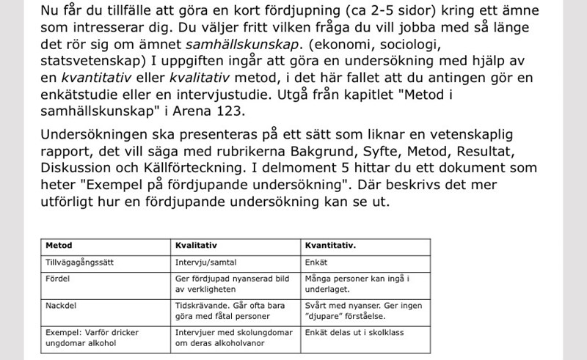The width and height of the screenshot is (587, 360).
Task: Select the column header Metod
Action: click(59, 246)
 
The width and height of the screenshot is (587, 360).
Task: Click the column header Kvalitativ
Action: click(194, 246)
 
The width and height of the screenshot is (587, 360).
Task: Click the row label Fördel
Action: click(57, 278)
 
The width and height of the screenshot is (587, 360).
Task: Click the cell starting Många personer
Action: click(356, 284)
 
